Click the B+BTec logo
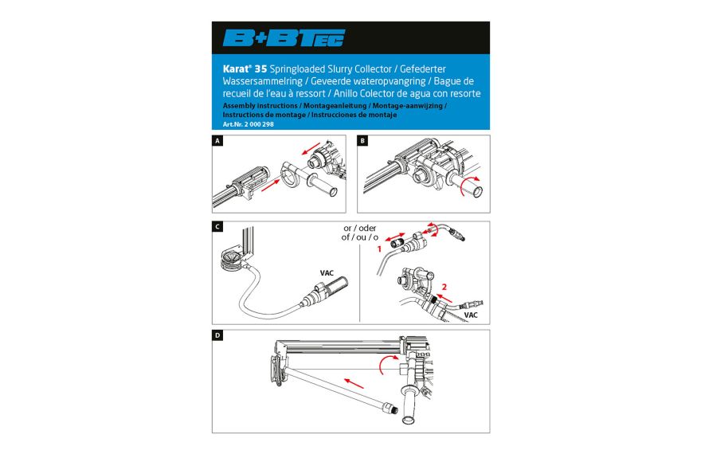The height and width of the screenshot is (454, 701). (x=284, y=38)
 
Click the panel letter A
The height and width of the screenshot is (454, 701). (x=217, y=141)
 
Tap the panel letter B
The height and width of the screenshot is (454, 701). (x=362, y=141)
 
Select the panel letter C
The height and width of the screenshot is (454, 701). (x=217, y=227)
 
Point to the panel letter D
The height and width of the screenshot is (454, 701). (x=217, y=335)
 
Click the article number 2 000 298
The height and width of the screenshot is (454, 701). (x=259, y=124)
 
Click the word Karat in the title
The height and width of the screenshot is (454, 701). (x=235, y=68)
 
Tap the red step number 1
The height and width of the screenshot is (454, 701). (x=379, y=249)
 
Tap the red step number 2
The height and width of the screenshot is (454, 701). (x=444, y=287)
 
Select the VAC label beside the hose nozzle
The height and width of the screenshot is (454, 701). (x=327, y=273)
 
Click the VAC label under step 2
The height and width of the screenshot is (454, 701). (x=471, y=315)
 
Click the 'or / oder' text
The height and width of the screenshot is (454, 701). (x=360, y=228)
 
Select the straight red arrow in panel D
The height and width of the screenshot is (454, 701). (x=354, y=383)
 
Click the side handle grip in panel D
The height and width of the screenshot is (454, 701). (x=410, y=404)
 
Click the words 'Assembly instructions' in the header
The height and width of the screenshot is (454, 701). (x=260, y=105)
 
